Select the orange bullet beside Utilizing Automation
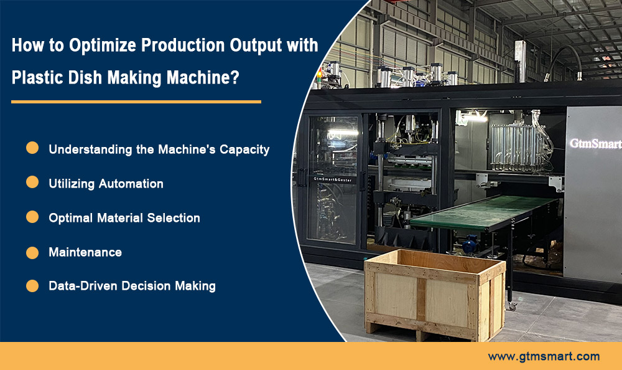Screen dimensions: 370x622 point(32,183)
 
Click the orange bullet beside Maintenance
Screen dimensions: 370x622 point(32,252)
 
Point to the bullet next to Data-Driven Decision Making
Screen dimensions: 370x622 point(32,286)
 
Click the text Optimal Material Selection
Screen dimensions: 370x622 point(124,218)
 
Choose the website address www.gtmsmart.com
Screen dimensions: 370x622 point(544,356)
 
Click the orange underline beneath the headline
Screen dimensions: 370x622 point(136,101)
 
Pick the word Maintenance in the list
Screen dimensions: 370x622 point(85,252)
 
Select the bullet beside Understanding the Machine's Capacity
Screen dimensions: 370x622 point(32,148)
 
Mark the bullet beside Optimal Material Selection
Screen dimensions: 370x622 point(32,217)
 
